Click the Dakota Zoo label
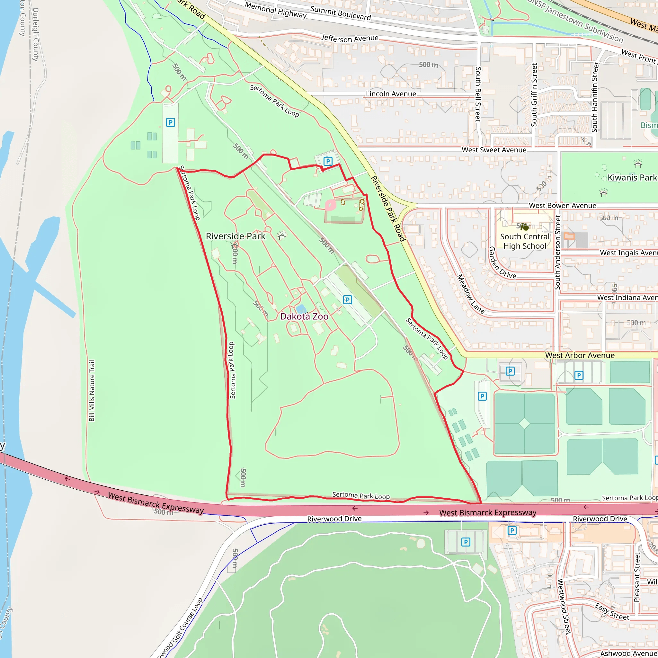pos(304,316)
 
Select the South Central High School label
pos(525,241)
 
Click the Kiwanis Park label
pos(632,177)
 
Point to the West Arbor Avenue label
pos(580,355)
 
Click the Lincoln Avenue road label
pos(391,94)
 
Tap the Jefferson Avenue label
pos(350,39)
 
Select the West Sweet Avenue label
pos(494,150)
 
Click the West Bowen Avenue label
pos(562,205)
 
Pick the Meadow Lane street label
pos(470,294)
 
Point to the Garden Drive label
pos(502,263)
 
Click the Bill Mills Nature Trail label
pos(92,391)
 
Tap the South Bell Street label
pos(478,94)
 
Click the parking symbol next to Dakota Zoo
pos(347,300)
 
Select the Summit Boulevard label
pos(340,13)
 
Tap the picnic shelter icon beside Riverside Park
pos(281,235)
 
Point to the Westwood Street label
pos(564,607)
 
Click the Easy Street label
pos(612,611)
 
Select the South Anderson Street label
pos(557,252)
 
